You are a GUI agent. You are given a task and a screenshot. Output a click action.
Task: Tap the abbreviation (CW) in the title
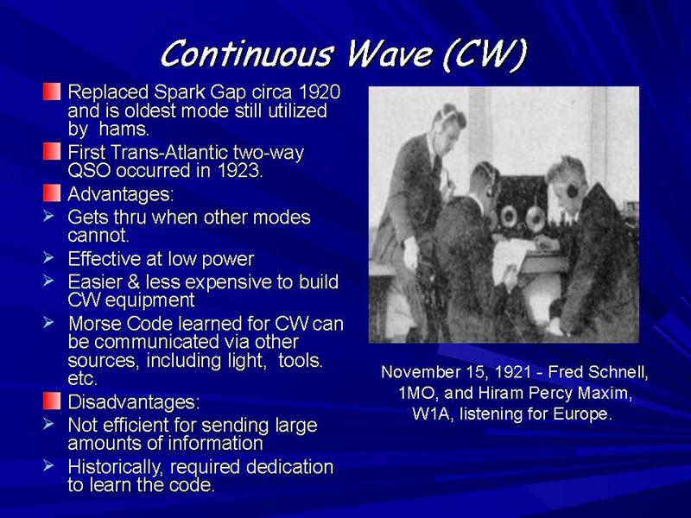pyautogui.click(x=485, y=54)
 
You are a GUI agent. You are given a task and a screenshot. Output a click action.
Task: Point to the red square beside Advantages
pyautogui.click(x=52, y=193)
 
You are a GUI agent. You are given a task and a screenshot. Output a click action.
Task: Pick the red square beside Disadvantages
pyautogui.click(x=52, y=401)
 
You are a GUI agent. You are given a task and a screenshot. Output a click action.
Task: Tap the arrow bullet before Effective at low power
pyautogui.click(x=48, y=256)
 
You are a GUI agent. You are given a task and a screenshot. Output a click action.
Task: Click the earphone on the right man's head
pyautogui.click(x=573, y=190)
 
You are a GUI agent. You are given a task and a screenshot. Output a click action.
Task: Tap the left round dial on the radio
pyautogui.click(x=508, y=216)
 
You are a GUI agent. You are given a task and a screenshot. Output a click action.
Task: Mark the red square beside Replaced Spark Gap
pyautogui.click(x=52, y=92)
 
